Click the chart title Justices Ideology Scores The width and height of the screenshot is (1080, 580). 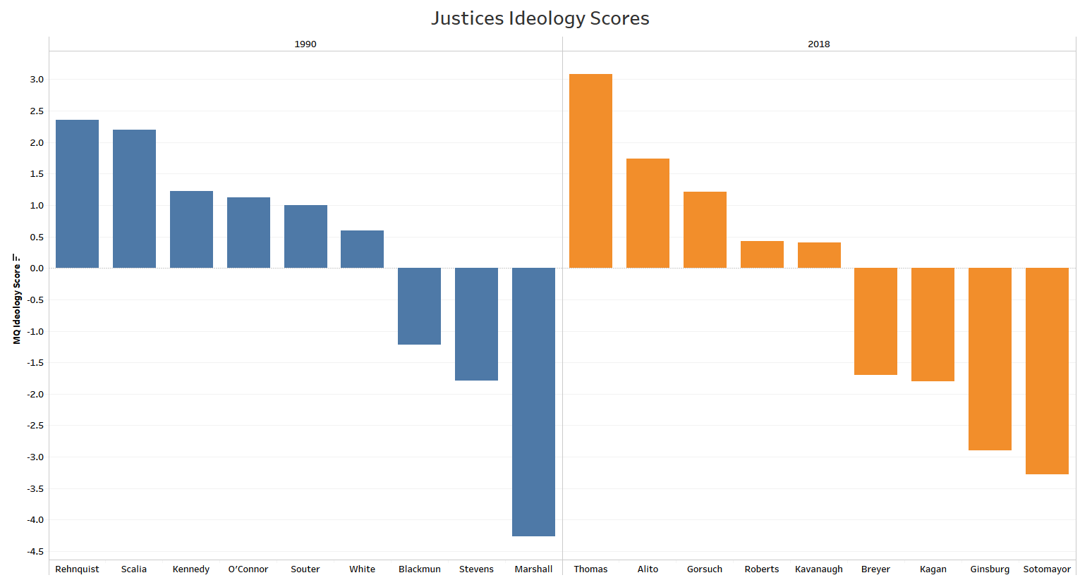coord(540,18)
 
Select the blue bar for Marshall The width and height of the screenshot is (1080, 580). coord(533,402)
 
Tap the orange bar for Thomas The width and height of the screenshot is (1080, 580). coord(590,171)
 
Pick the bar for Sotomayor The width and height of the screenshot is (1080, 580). coord(1047,371)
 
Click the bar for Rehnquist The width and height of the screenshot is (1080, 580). coord(77,194)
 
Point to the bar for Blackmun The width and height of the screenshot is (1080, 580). coord(419,306)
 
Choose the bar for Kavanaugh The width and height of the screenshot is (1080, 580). coord(819,255)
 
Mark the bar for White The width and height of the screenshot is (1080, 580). coord(362,249)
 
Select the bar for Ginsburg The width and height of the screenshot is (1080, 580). coord(990,359)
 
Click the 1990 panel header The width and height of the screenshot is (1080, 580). coord(305,44)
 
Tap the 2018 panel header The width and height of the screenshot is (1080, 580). coord(818,44)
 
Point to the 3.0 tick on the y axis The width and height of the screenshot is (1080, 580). coord(37,80)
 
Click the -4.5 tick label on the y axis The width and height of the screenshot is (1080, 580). coord(35,551)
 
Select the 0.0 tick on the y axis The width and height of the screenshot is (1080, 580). coord(37,268)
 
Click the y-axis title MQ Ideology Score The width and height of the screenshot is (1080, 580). coord(17,299)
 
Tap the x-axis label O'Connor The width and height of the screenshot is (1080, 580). coord(248,569)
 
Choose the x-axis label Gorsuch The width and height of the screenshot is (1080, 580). coord(705,569)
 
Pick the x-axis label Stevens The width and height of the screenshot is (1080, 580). coord(476,569)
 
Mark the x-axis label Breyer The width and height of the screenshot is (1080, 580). coord(875,569)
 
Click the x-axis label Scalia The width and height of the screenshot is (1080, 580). coord(134,569)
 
